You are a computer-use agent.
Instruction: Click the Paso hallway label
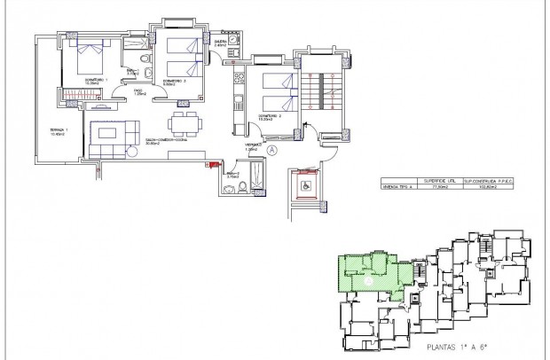137,90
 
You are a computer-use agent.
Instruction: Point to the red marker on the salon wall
212,164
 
